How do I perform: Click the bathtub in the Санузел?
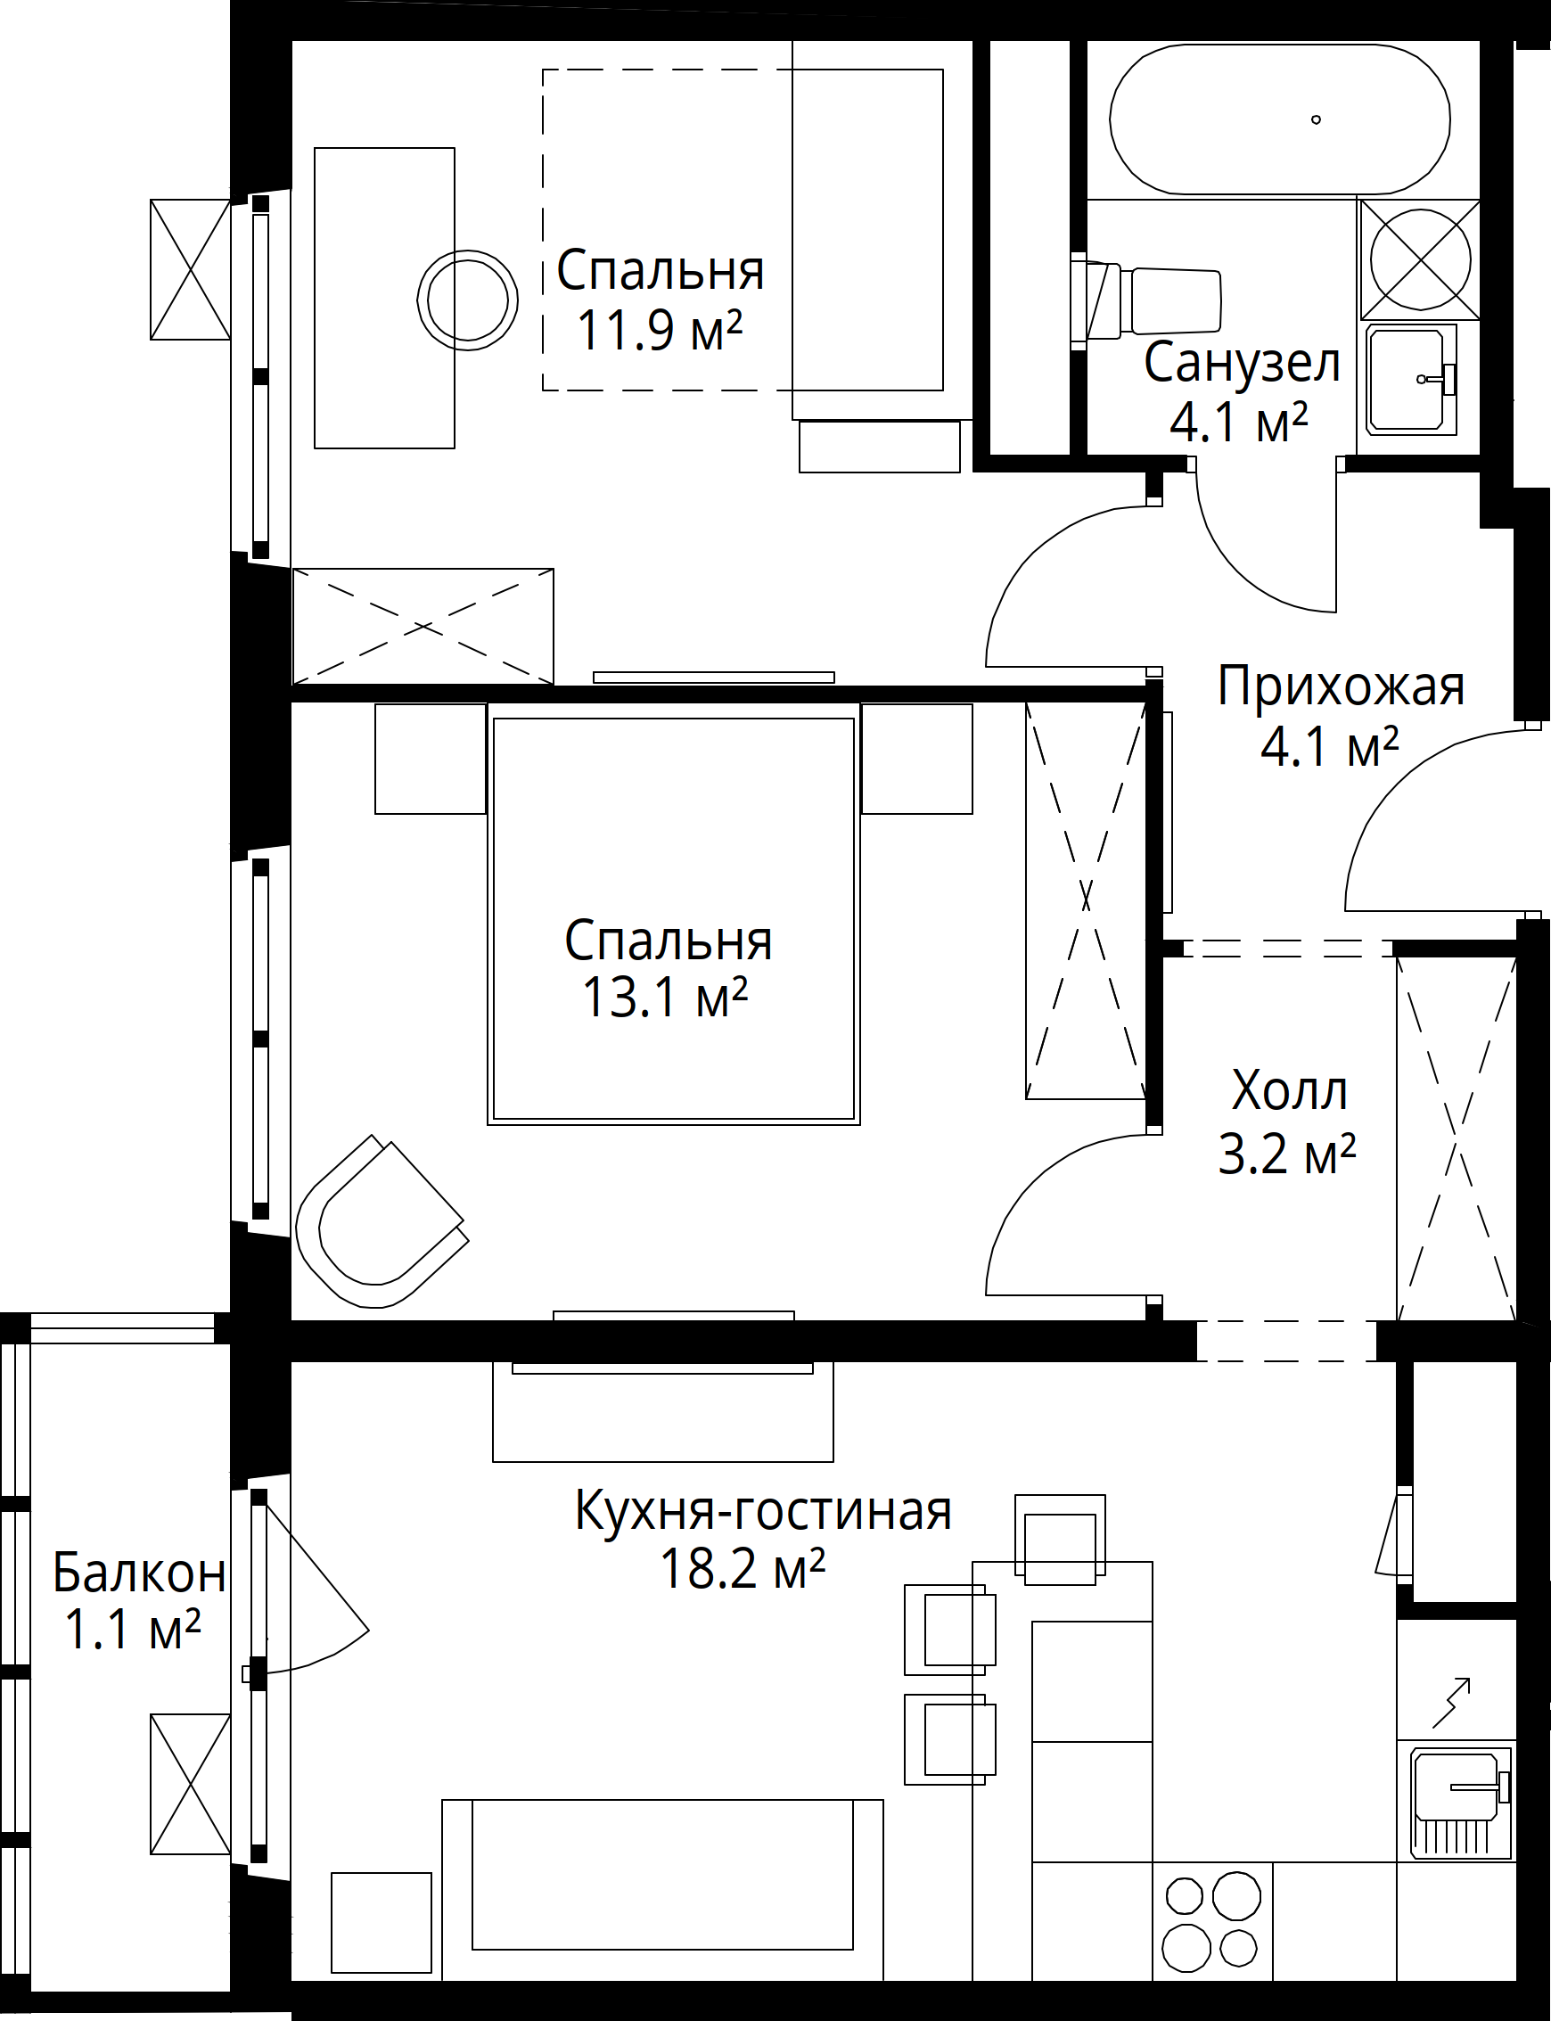(1280, 119)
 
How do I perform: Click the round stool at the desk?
(467, 301)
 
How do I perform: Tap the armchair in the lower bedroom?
(379, 1222)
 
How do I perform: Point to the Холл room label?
(1290, 1090)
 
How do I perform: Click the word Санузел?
(1242, 363)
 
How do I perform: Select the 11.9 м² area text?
(660, 330)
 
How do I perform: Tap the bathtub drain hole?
(1317, 119)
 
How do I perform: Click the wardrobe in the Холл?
(1456, 1139)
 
